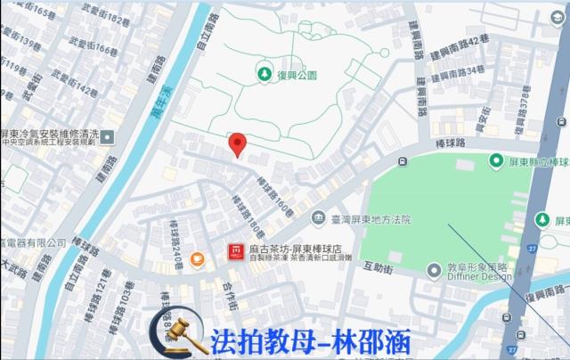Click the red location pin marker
click(x=237, y=144)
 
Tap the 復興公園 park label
click(x=295, y=75)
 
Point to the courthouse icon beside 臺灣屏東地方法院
click(x=318, y=218)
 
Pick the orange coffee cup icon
click(x=197, y=259)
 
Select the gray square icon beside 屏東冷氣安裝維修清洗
click(x=108, y=136)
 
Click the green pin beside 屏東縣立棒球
click(x=496, y=160)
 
